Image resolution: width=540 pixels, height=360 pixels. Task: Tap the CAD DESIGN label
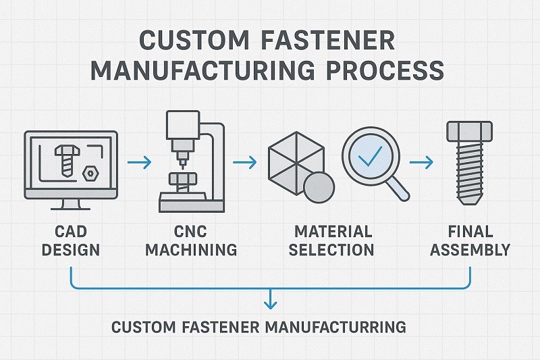pos(70,240)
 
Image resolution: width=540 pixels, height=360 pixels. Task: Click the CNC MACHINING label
pos(192,240)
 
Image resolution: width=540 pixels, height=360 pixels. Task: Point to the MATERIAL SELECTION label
pos(331,240)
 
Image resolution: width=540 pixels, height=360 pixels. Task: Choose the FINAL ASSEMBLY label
pos(470,240)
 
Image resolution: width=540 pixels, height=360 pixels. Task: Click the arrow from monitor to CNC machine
pos(138,163)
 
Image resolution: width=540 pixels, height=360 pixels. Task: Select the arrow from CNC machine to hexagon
pos(244,163)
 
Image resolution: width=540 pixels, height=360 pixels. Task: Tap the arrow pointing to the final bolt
pos(421,163)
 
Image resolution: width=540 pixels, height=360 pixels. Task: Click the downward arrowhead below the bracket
pos(271,302)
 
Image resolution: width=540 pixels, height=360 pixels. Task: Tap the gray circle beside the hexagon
pos(319,186)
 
